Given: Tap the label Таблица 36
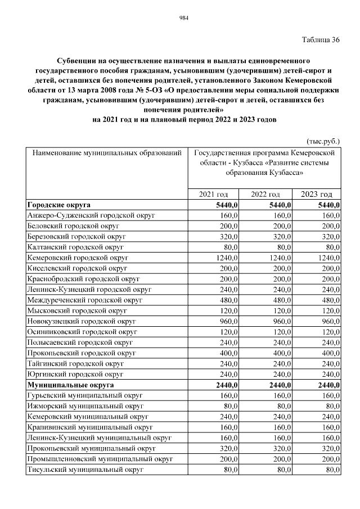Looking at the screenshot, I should click(321, 39).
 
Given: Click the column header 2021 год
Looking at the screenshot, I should click(214, 194).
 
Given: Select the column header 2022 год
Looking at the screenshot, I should click(266, 194).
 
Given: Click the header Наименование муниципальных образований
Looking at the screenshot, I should click(107, 152).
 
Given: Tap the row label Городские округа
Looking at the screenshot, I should click(58, 205).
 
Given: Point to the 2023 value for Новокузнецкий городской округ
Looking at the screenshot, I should click(328, 322).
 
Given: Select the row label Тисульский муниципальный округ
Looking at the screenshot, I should click(83, 470).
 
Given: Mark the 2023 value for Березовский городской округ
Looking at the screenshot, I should click(328, 237).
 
